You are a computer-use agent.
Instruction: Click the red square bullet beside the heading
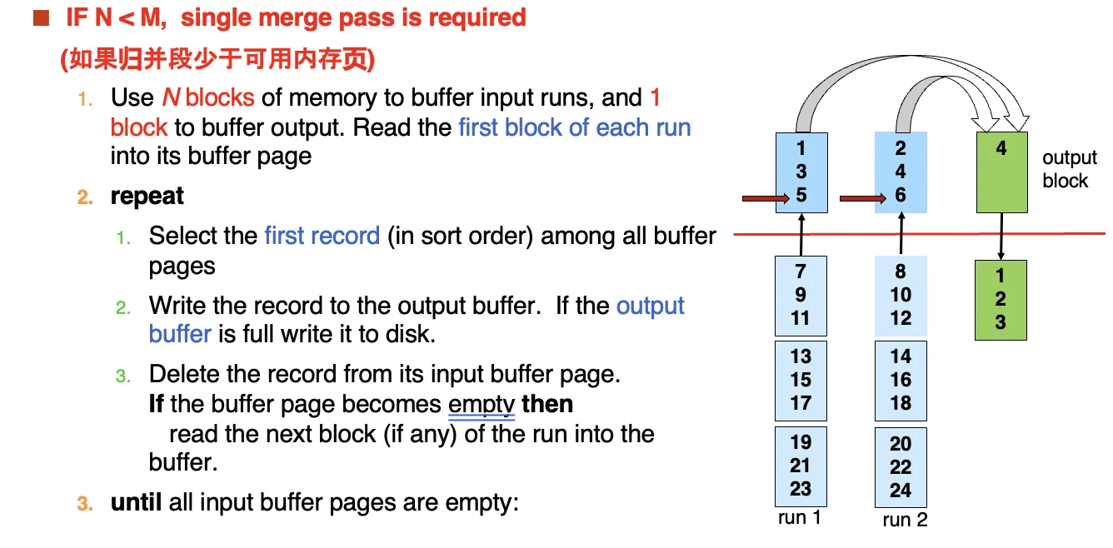41,17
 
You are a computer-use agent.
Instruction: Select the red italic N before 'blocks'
171,97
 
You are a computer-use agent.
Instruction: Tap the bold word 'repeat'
147,197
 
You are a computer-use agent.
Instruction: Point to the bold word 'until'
136,502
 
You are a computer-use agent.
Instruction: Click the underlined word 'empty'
481,405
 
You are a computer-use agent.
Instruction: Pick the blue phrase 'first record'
322,236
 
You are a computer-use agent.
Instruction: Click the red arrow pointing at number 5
766,198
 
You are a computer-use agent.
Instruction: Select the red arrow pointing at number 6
862,199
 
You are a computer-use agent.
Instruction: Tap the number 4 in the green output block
1001,148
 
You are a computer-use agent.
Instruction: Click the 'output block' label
1070,169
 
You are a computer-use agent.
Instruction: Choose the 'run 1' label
799,517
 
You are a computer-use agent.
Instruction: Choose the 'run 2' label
905,520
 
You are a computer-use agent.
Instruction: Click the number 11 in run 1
800,318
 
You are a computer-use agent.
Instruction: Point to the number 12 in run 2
901,318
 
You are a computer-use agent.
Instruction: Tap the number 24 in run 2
901,491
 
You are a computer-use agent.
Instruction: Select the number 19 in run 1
801,442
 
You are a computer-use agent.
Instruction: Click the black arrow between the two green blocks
1001,237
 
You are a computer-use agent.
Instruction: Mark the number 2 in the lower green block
1001,299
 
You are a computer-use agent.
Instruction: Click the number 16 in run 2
901,380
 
